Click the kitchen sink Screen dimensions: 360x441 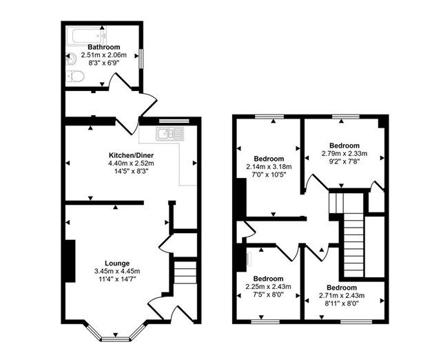click(166, 134)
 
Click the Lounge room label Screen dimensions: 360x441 click(116, 263)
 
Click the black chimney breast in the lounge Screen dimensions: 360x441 click(70, 260)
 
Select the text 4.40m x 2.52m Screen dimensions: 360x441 click(132, 163)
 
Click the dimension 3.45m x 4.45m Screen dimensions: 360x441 click(116, 272)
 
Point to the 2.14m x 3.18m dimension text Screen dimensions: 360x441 click(269, 166)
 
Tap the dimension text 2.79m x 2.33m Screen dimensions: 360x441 click(344, 154)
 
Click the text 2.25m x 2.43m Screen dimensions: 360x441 click(269, 286)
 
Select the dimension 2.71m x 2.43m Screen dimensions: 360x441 click(341, 296)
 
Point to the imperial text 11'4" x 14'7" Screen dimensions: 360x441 click(116, 281)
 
